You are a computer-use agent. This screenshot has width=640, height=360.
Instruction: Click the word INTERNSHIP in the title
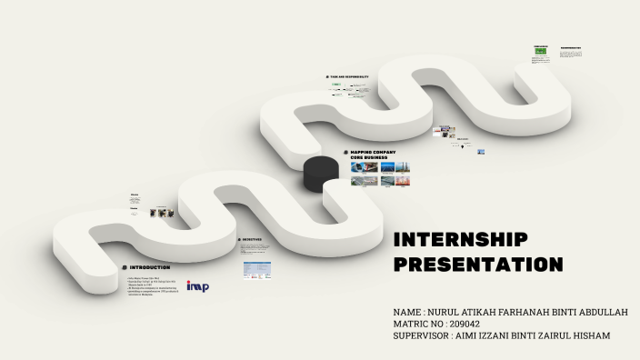click(460, 240)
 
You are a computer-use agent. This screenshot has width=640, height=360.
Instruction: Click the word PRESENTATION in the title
click(478, 265)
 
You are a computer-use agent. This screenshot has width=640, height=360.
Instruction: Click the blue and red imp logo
click(197, 286)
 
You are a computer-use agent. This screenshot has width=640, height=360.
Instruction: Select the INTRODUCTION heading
click(149, 267)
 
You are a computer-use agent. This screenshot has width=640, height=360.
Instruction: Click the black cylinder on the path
click(318, 172)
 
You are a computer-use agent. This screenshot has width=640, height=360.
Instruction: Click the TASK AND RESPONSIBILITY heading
click(350, 77)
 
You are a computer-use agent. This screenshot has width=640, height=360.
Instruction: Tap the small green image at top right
click(540, 54)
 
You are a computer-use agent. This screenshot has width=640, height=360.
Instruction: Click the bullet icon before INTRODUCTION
click(124, 267)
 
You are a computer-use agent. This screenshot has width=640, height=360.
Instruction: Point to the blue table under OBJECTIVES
click(256, 269)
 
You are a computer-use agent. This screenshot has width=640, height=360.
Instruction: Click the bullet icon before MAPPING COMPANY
click(345, 153)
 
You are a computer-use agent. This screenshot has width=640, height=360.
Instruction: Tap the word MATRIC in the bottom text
click(415, 324)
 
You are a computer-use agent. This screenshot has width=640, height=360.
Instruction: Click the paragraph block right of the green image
click(570, 54)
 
